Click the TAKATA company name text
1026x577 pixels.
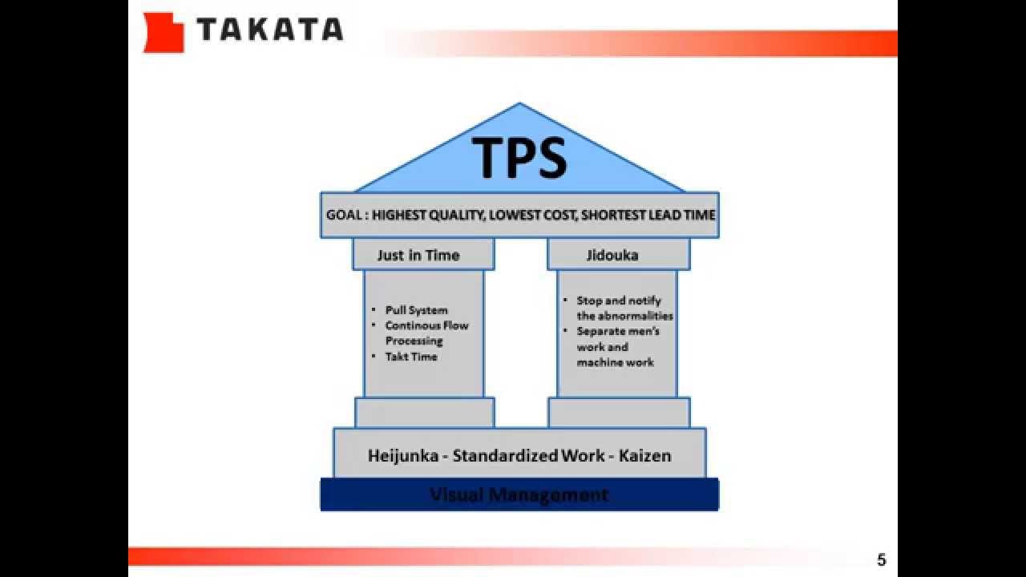click(x=269, y=30)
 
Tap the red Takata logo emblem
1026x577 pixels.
click(x=163, y=33)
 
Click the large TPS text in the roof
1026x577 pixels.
click(x=519, y=158)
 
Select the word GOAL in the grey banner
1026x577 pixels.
click(x=344, y=215)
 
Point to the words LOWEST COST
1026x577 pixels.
click(x=535, y=215)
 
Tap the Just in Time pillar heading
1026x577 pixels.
click(x=418, y=255)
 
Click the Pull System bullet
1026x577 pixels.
click(x=416, y=310)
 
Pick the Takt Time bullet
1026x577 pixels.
click(x=410, y=357)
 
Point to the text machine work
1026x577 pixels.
click(x=615, y=362)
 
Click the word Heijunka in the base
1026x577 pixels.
click(x=403, y=455)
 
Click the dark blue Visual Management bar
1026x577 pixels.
click(x=519, y=494)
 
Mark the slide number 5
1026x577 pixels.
click(x=882, y=560)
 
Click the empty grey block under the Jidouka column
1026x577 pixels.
click(x=619, y=413)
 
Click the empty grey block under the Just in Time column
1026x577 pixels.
click(x=424, y=413)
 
